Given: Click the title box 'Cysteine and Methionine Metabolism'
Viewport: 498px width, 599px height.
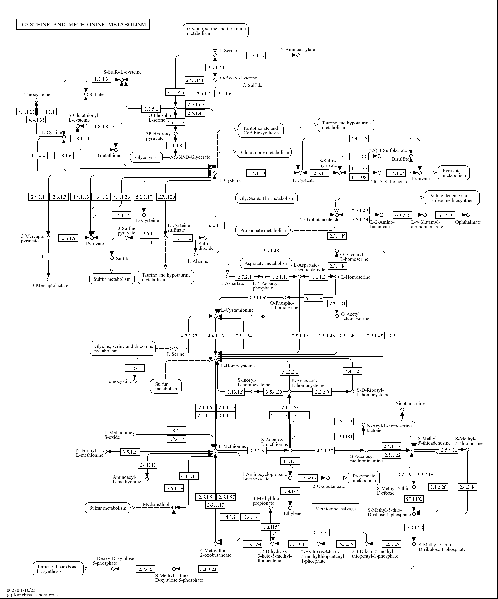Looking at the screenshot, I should tap(83, 25).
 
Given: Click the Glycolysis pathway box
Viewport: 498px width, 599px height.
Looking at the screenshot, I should tap(146, 157).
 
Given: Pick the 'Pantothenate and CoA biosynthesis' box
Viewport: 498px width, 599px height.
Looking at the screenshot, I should tap(261, 131).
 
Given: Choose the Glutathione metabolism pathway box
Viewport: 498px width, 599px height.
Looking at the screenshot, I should tap(264, 152).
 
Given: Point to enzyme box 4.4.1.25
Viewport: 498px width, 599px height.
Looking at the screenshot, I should tap(359, 139).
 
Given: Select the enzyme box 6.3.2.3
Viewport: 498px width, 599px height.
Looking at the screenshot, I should tap(445, 215).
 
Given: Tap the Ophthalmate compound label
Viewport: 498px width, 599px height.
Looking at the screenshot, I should tap(468, 222).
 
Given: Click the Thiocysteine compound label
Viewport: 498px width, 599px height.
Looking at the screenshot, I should tap(37, 95).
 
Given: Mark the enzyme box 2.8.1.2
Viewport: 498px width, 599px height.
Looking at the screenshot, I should tap(69, 238).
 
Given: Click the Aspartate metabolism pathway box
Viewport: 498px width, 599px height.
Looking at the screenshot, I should tap(266, 263).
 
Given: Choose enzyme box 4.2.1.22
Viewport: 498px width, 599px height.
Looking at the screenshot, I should tap(189, 336).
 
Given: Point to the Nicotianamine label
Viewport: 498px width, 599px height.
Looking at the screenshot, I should tap(410, 403).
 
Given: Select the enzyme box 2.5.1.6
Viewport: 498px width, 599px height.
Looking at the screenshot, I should tap(257, 451).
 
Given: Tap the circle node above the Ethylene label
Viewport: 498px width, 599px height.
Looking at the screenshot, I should tap(290, 508).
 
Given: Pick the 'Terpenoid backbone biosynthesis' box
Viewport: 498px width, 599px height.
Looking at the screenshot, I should tap(58, 569).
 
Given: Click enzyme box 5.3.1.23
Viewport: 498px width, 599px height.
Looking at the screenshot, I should tap(414, 527).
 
